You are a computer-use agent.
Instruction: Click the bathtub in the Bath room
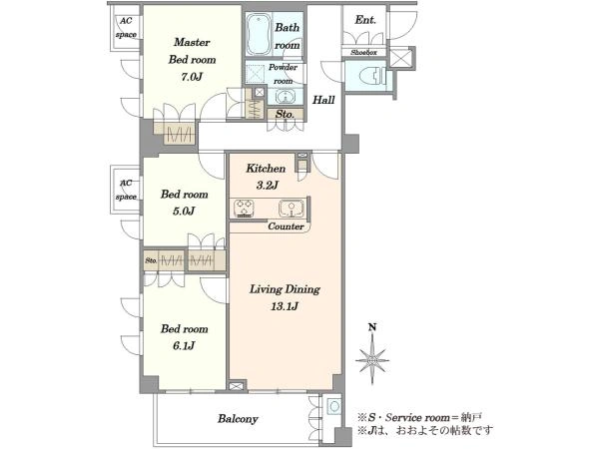[x=259, y=35]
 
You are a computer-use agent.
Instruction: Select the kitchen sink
[x=292, y=209]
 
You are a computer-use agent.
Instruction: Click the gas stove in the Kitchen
[x=245, y=209]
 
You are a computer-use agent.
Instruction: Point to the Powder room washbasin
[x=284, y=97]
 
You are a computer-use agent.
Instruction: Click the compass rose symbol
[x=372, y=360]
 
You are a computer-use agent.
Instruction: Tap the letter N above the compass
[x=372, y=327]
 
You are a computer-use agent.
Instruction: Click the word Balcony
[x=238, y=419]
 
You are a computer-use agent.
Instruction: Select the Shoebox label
[x=363, y=53]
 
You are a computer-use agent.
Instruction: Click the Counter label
[x=286, y=226]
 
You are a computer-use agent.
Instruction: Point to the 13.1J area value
[x=285, y=306]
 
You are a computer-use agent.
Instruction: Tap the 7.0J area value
[x=192, y=77]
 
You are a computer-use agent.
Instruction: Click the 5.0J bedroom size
[x=184, y=211]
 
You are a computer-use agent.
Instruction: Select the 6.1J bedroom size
[x=184, y=346]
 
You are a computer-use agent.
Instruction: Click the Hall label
[x=323, y=100]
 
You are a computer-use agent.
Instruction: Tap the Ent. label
[x=365, y=20]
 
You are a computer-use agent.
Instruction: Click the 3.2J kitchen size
[x=267, y=186]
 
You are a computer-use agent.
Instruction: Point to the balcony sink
[x=334, y=406]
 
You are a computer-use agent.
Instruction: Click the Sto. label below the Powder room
[x=285, y=114]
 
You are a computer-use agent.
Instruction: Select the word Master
[x=192, y=42]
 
